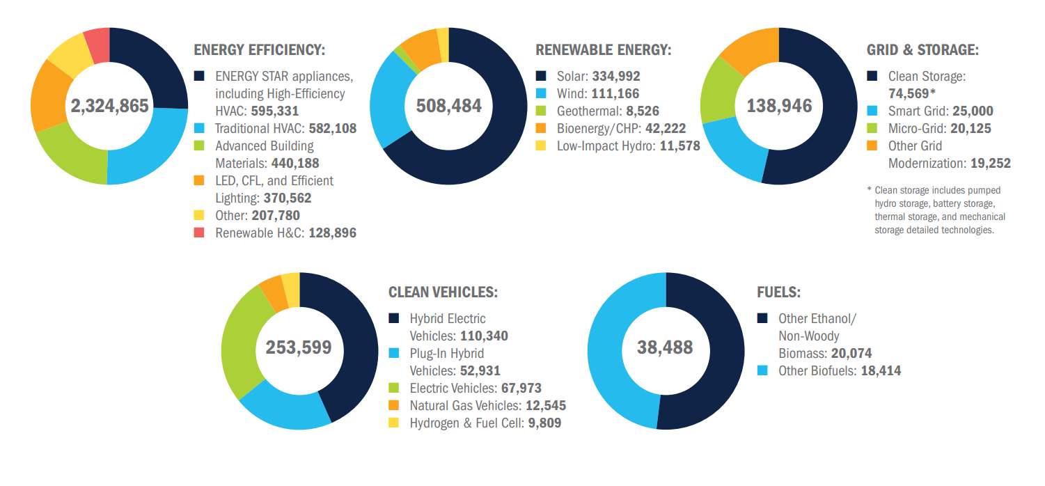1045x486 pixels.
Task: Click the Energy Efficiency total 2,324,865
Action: tap(109, 106)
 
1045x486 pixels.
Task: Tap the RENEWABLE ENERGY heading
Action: tap(603, 50)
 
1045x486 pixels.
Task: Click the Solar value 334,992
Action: tap(615, 76)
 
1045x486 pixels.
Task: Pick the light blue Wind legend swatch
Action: tap(541, 93)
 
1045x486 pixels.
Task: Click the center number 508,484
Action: tap(448, 106)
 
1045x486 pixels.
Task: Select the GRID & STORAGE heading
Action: tap(922, 50)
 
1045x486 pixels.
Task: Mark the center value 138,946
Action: tap(779, 106)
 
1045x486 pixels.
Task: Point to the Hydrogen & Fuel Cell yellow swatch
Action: tap(394, 423)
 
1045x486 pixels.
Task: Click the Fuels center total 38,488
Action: tap(665, 347)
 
